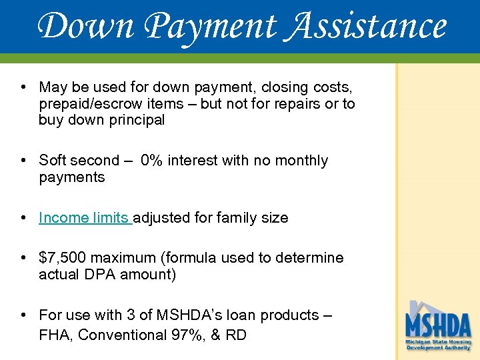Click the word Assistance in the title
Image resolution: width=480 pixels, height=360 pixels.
[367, 27]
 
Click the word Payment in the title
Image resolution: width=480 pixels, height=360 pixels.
[210, 27]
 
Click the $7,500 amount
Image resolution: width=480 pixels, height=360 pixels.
[63, 258]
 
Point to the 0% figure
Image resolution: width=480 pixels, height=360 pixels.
[155, 161]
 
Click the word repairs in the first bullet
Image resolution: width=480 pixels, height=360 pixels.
[293, 104]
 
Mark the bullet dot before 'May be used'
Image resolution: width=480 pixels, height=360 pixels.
[23, 87]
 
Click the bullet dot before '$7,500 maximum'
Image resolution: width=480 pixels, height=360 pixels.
[23, 258]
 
